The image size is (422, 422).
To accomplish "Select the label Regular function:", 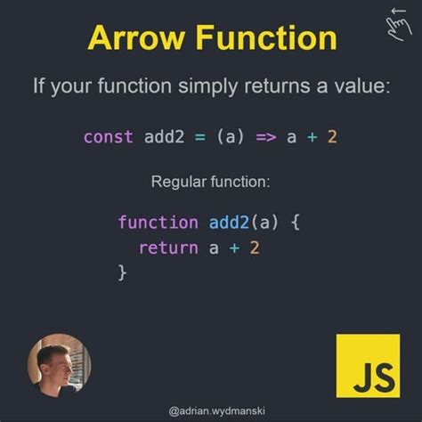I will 211,182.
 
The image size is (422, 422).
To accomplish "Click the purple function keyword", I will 158,222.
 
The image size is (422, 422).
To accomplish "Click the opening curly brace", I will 296,222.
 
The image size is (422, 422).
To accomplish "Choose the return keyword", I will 168,248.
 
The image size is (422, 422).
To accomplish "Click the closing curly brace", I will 123,273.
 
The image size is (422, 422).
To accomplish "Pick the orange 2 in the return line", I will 256,248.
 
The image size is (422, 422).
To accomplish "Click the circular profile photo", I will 59,364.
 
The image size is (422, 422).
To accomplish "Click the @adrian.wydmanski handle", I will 211,410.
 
